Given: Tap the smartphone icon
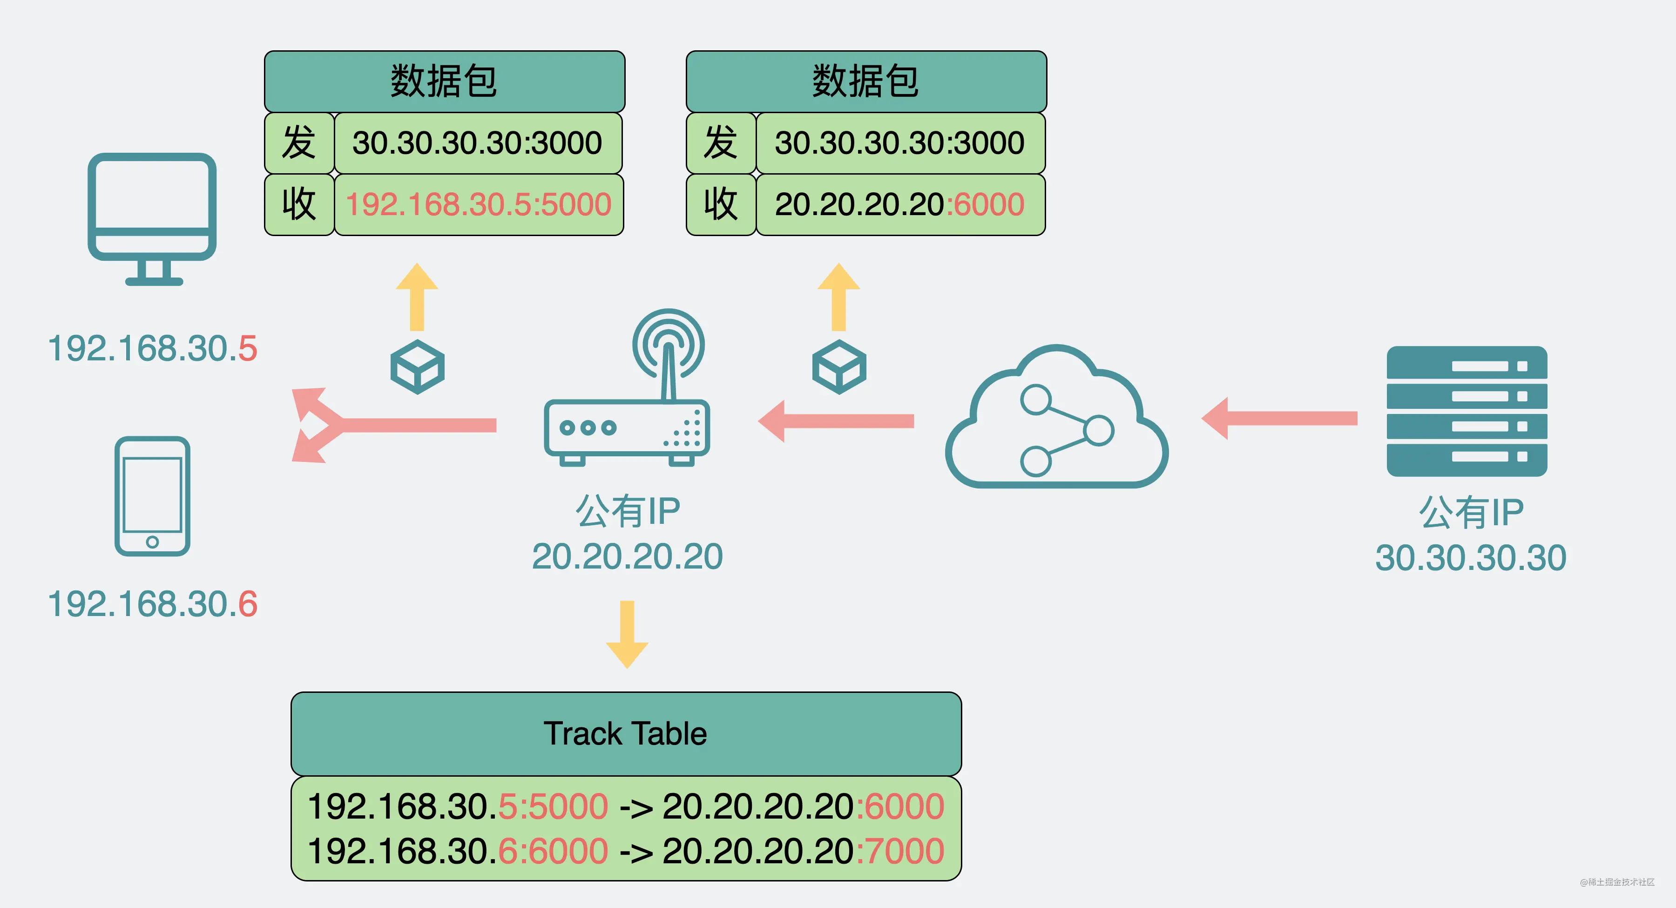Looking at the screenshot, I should [x=152, y=496].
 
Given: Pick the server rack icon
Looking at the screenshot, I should [x=1466, y=411].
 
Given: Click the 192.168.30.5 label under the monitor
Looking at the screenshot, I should [x=152, y=348].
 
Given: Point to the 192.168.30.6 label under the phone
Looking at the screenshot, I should [x=152, y=604].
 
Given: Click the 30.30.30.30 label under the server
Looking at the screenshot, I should [x=1470, y=558].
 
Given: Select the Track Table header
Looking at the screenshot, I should [x=626, y=733].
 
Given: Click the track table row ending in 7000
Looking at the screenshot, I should [x=626, y=851].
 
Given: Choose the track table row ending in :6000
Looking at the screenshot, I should [x=626, y=806].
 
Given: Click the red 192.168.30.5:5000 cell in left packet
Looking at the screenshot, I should [x=478, y=204].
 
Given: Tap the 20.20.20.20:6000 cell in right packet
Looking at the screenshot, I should [x=900, y=204].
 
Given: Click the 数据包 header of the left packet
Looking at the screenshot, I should [x=445, y=81].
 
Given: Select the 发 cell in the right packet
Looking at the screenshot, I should [x=721, y=142].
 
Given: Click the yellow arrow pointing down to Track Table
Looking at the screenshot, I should [x=627, y=635].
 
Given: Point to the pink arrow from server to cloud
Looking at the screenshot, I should [x=1278, y=418].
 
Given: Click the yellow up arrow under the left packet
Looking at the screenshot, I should [x=417, y=298].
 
